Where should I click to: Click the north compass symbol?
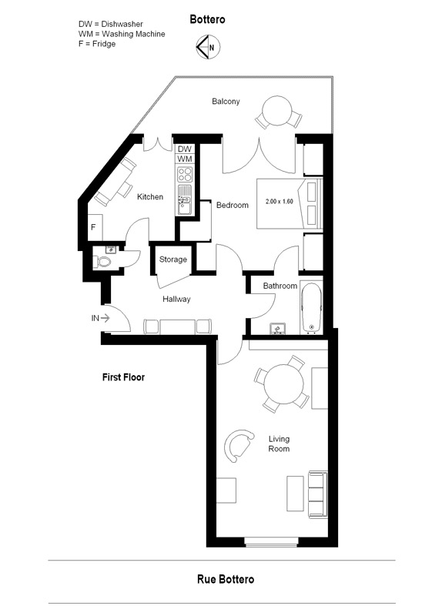pyautogui.click(x=208, y=47)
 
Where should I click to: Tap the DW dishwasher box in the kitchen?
pyautogui.click(x=185, y=149)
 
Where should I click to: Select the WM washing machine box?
pyautogui.click(x=185, y=159)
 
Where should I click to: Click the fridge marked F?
pyautogui.click(x=95, y=227)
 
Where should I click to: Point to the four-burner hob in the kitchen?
pyautogui.click(x=185, y=174)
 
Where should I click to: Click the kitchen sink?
pyautogui.click(x=184, y=199)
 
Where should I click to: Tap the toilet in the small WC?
pyautogui.click(x=103, y=262)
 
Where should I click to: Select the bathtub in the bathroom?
pyautogui.click(x=312, y=307)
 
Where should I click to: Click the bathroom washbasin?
pyautogui.click(x=278, y=329)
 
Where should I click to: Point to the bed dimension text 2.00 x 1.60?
pyautogui.click(x=280, y=202)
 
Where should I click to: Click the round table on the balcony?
pyautogui.click(x=277, y=111)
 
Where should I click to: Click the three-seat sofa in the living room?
pyautogui.click(x=317, y=495)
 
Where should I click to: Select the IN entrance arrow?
pyautogui.click(x=105, y=318)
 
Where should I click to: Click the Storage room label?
pyautogui.click(x=172, y=259)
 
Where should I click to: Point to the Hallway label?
pyautogui.click(x=176, y=300)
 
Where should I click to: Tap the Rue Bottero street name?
pyautogui.click(x=226, y=579)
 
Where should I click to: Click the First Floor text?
pyautogui.click(x=123, y=377)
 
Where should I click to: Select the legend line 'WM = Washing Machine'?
pyautogui.click(x=122, y=34)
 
